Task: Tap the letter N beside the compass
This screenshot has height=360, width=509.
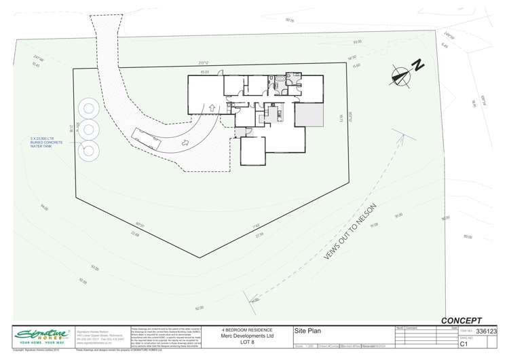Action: click(419, 66)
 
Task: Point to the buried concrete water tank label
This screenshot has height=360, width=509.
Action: click(47, 143)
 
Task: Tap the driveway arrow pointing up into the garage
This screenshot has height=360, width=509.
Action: click(212, 107)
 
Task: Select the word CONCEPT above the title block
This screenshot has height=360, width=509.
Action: click(461, 321)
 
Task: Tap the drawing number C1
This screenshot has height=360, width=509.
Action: click(464, 344)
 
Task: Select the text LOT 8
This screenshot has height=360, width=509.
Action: click(247, 342)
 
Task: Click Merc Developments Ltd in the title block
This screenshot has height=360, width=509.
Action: click(247, 336)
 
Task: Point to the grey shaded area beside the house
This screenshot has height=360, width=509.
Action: click(308, 115)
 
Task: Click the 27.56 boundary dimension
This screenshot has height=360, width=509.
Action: click(259, 234)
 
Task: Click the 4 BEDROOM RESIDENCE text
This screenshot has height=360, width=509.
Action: click(247, 330)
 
